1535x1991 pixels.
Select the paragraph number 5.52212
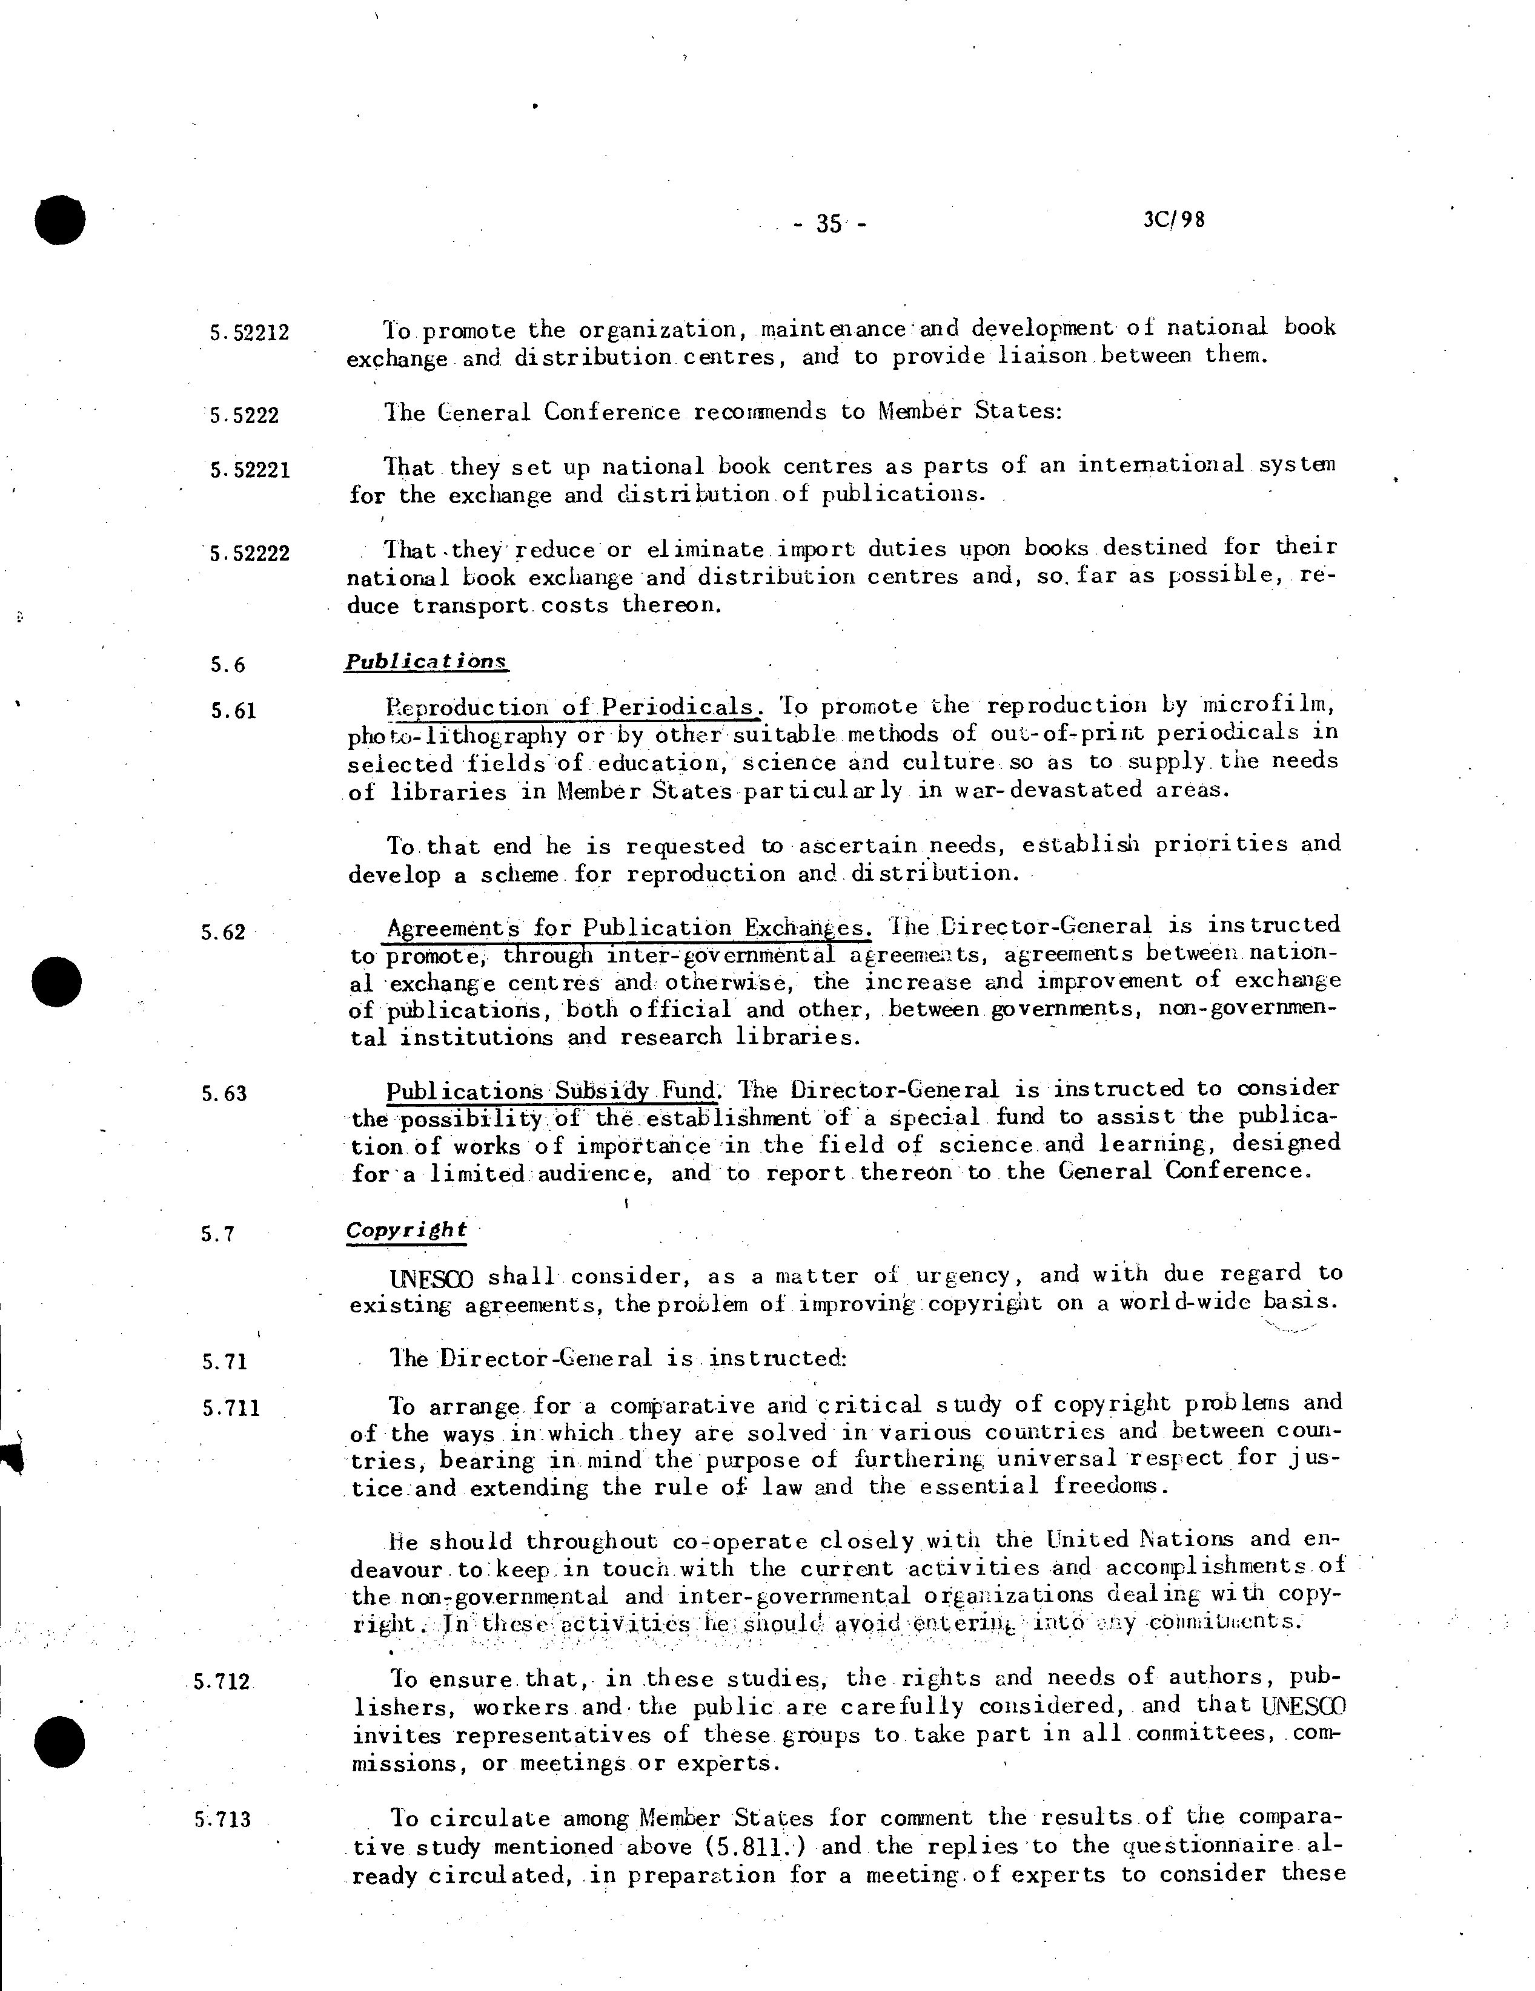tap(249, 333)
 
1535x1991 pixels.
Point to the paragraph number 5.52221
tap(249, 470)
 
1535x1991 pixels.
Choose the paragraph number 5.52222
tap(249, 553)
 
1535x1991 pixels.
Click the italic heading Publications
tap(425, 661)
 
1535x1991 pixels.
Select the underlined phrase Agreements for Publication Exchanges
tap(628, 928)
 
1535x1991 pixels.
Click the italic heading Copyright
tap(406, 1230)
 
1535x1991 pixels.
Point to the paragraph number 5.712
tap(222, 1680)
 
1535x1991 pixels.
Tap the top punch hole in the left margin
tap(59, 220)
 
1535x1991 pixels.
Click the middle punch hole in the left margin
tap(56, 982)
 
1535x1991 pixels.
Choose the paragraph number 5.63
tap(224, 1093)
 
